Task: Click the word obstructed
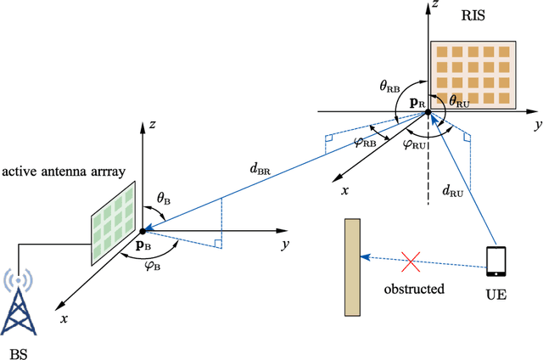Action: point(415,289)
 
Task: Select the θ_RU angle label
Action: point(459,100)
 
